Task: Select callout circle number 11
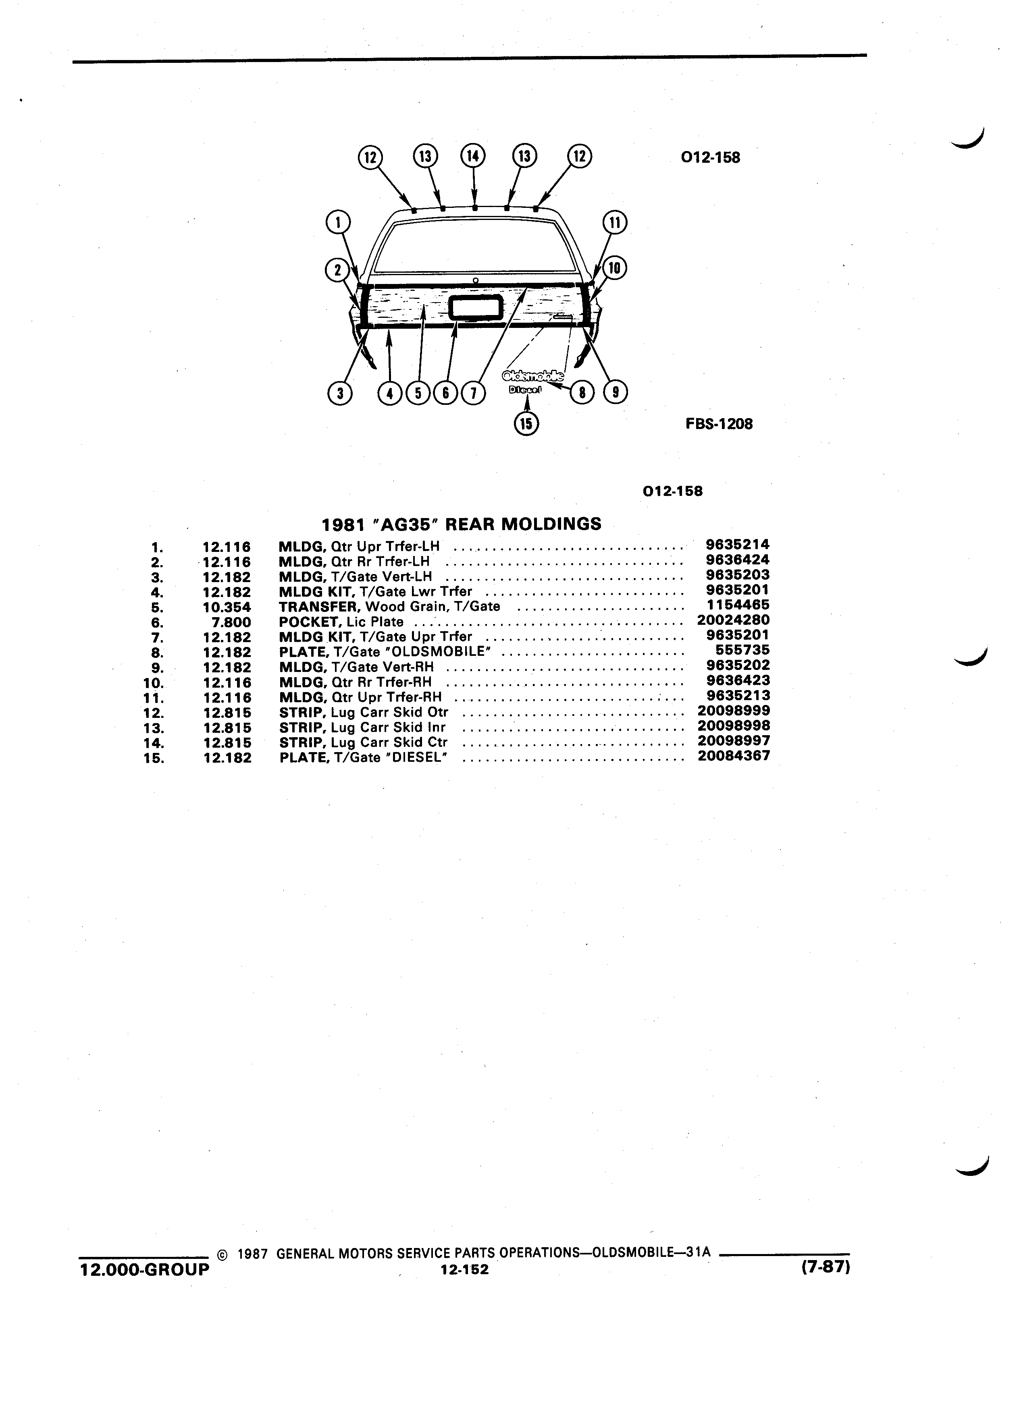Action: [x=614, y=223]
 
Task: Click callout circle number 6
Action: [x=446, y=393]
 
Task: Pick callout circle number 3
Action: [x=340, y=393]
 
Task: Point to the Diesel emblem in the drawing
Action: [x=526, y=390]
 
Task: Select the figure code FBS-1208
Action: [x=719, y=424]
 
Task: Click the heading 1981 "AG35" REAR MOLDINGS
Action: [x=462, y=523]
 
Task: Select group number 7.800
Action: [x=231, y=622]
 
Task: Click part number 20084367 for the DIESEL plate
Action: [x=733, y=755]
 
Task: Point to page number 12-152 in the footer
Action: [x=464, y=1269]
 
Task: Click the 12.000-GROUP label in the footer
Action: [x=144, y=1270]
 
